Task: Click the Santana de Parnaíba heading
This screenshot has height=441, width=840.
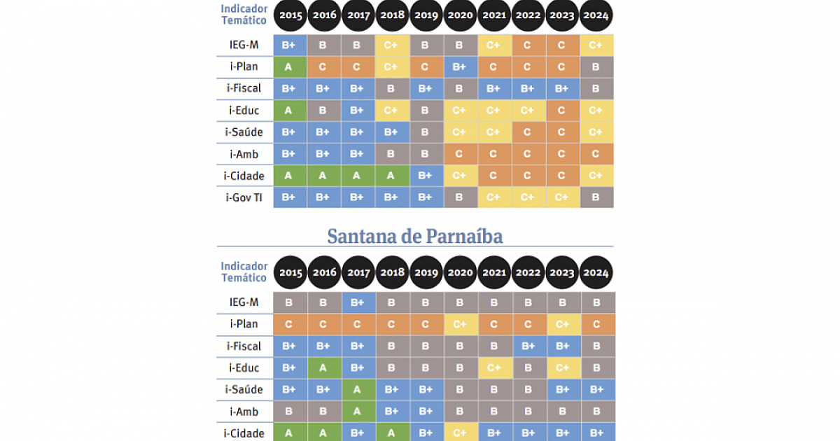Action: click(x=414, y=237)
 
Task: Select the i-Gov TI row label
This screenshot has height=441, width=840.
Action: click(x=244, y=197)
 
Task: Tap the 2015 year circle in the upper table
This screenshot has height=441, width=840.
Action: click(x=290, y=15)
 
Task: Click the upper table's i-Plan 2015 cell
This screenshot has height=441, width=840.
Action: click(x=288, y=66)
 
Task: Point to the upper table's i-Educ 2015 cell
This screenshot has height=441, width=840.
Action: click(x=288, y=110)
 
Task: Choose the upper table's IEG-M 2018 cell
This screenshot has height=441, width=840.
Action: click(x=391, y=45)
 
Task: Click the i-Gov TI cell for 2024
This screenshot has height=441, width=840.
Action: click(x=596, y=197)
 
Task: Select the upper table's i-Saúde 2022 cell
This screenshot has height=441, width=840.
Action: click(x=528, y=132)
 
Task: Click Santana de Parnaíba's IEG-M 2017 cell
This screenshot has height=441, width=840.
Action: click(x=357, y=302)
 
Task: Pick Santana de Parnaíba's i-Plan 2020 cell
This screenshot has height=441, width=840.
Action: click(x=460, y=324)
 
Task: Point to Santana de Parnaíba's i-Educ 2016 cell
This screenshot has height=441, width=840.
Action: click(x=323, y=367)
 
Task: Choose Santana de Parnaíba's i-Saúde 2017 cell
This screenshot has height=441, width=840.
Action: click(x=357, y=389)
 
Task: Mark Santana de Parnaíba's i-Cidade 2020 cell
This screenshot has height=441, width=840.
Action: click(x=460, y=433)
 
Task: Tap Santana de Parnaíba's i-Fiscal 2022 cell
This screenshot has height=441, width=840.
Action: click(x=528, y=346)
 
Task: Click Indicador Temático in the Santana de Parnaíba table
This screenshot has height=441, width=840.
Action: click(x=244, y=272)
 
